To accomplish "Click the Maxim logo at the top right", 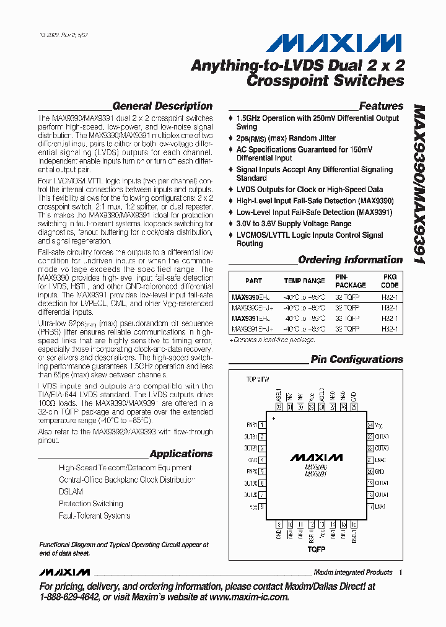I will coord(334,43).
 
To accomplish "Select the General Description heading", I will coord(162,106).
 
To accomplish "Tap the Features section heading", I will coord(381,106).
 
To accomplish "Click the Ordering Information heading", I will coord(350,260).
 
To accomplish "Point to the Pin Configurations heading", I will coord(357,359).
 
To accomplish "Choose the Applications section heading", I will coord(181,454).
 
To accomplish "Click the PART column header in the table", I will coord(253,281).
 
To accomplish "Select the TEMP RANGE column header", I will coord(304,281).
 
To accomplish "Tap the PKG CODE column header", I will coord(390,281).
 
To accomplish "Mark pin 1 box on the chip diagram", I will coord(262,425).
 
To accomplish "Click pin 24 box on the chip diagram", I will coord(370,425).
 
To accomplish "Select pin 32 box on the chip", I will coord(279,407).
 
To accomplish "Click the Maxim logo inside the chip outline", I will coord(316,458).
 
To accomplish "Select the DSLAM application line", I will coord(71,492).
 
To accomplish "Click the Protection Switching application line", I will coord(91,504).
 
